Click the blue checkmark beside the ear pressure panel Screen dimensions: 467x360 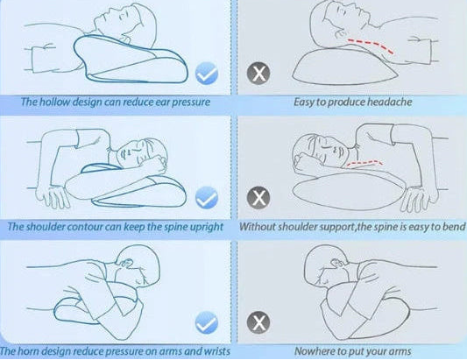(207, 74)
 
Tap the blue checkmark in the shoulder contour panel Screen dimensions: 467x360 (207, 197)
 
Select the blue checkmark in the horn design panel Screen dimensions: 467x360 (207, 322)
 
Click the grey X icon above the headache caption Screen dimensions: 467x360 (258, 74)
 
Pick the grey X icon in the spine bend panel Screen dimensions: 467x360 (258, 198)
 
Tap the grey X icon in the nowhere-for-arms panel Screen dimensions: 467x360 (258, 322)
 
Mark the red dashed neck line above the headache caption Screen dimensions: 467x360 (371, 46)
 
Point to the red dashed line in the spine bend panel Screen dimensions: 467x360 (364, 163)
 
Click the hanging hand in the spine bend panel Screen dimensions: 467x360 (420, 198)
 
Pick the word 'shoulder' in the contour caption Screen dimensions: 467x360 (45, 227)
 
